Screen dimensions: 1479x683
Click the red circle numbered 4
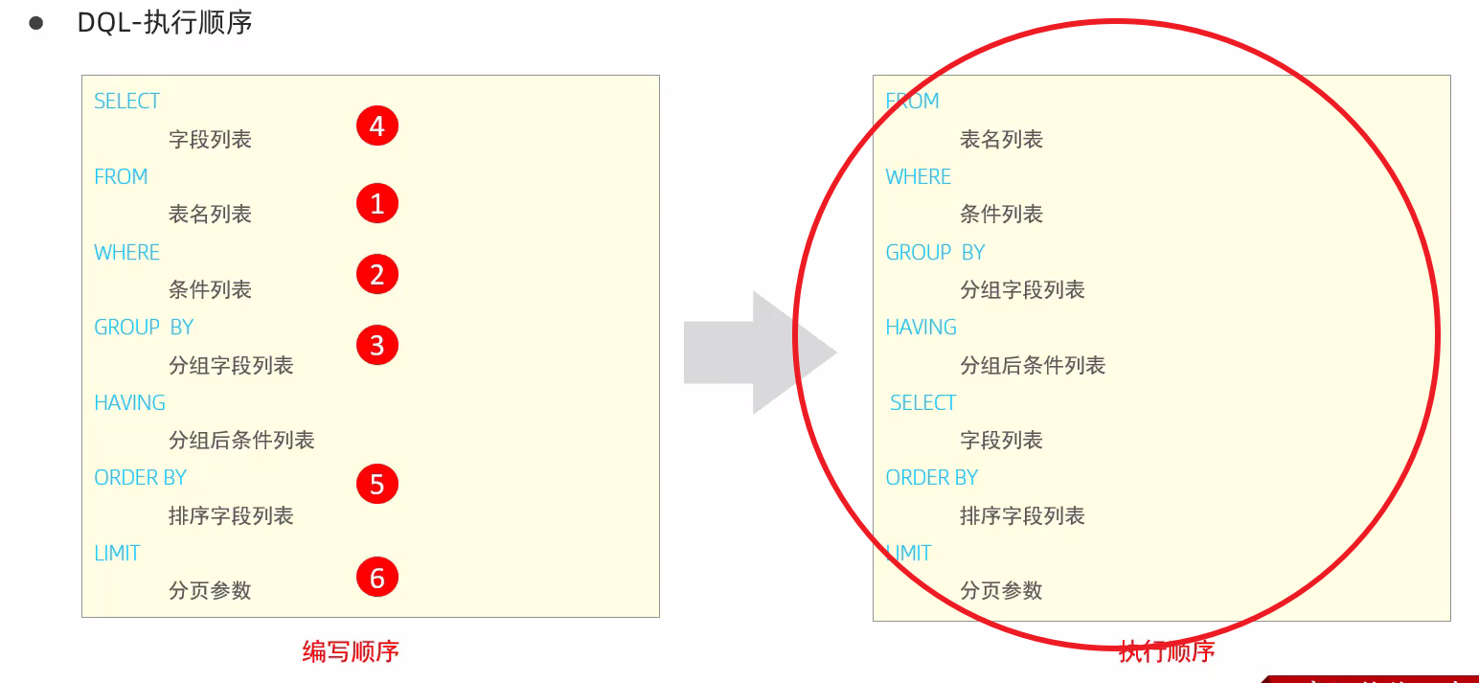coord(376,126)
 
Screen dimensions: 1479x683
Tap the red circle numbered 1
coord(376,203)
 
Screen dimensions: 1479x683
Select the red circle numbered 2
coord(376,275)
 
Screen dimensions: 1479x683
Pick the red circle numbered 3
coord(376,345)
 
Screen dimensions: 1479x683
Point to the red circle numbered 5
coord(376,484)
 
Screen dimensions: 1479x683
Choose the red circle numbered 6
coord(376,578)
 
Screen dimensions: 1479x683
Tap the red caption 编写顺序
coord(351,652)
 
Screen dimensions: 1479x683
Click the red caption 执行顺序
coord(1167,652)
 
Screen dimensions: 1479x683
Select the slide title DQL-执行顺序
coord(165,23)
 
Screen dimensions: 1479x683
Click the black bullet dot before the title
coord(36,23)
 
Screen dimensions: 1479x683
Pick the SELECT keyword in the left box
coord(126,102)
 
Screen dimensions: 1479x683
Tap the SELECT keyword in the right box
coord(922,403)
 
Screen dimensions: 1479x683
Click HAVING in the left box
coord(129,403)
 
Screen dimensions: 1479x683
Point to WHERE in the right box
coord(918,177)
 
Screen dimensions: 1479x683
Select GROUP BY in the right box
coord(935,253)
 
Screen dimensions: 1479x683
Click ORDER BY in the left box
coord(140,478)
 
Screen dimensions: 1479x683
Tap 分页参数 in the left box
coord(210,591)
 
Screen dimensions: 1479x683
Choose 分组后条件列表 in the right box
coord(1033,366)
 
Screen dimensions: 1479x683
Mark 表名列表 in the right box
coord(1001,140)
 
